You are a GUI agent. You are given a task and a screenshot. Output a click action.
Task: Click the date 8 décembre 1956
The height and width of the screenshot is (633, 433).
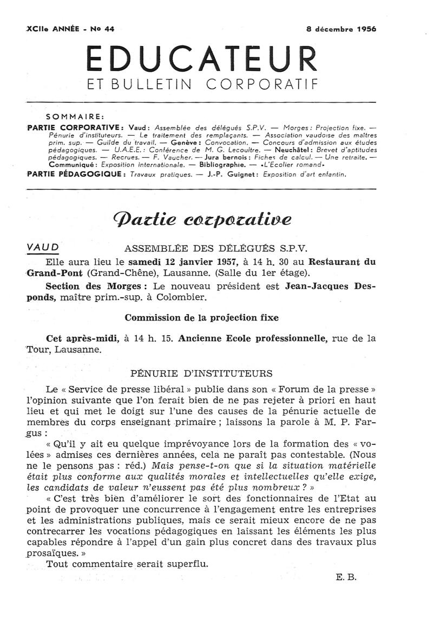(341, 30)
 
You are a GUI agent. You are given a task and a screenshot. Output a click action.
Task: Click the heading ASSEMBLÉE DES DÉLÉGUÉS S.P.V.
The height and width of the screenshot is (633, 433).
(215, 249)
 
